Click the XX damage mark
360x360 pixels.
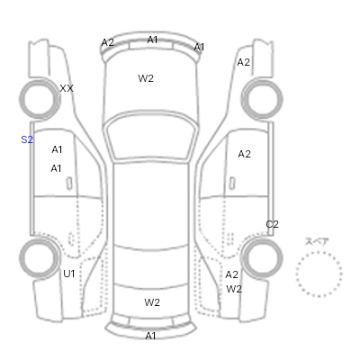pos(67,88)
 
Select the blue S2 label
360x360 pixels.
pos(27,139)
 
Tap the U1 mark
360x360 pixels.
pos(69,274)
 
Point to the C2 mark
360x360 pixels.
pos(273,224)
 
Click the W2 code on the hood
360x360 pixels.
pos(146,78)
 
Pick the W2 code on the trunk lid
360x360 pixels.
pos(152,302)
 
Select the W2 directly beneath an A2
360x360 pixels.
pos(234,289)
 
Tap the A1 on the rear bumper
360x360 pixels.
pos(150,336)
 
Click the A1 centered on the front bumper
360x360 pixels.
pos(152,40)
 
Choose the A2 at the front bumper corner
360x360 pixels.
pos(108,43)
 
